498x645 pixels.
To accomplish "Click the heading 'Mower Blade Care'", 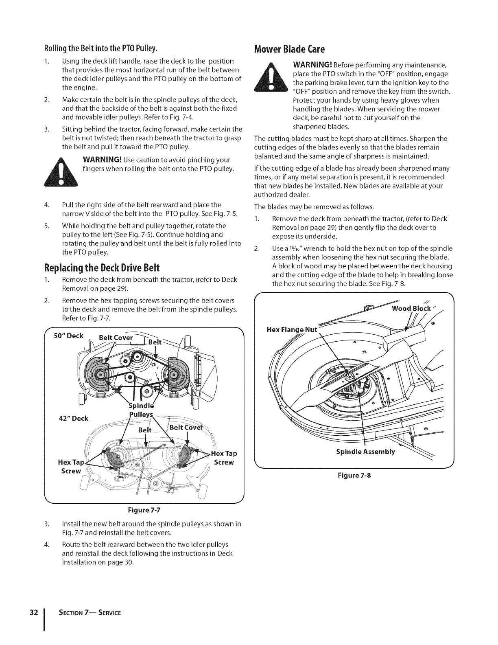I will (x=289, y=50).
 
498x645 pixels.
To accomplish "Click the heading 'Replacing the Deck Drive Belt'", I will (x=102, y=268).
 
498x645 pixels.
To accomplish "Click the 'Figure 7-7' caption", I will (x=144, y=509).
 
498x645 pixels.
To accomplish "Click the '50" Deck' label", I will (x=69, y=336).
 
